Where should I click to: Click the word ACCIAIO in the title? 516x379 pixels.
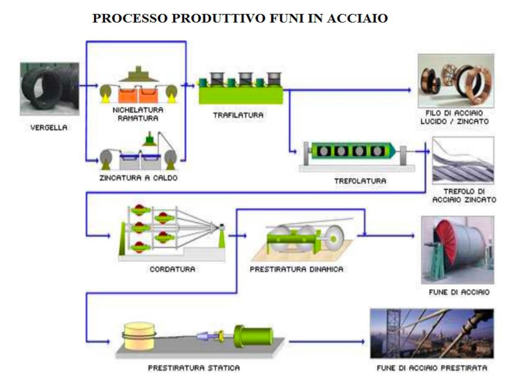click(357, 18)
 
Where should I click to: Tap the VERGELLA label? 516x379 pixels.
click(49, 127)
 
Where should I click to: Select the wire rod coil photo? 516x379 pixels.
click(50, 89)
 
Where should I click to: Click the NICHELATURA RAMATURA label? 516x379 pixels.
click(138, 114)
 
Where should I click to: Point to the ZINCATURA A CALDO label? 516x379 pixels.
click(138, 178)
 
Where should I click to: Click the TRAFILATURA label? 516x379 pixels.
click(238, 115)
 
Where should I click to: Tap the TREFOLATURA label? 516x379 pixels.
click(360, 181)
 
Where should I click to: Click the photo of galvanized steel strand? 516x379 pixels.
click(463, 161)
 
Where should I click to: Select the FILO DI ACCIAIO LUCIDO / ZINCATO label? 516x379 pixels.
click(454, 117)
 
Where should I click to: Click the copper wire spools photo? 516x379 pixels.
click(456, 81)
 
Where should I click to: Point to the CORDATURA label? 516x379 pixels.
click(173, 269)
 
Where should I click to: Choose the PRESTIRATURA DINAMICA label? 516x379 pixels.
click(297, 269)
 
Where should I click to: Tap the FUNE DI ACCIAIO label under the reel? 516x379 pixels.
click(459, 292)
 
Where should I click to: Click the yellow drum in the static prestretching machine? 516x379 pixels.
click(139, 336)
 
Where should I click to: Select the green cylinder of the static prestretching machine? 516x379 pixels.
click(254, 336)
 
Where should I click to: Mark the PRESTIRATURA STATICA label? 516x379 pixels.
click(194, 368)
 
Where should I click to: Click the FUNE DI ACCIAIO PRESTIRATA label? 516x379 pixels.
click(432, 368)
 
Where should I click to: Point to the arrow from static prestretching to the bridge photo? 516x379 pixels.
click(327, 342)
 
